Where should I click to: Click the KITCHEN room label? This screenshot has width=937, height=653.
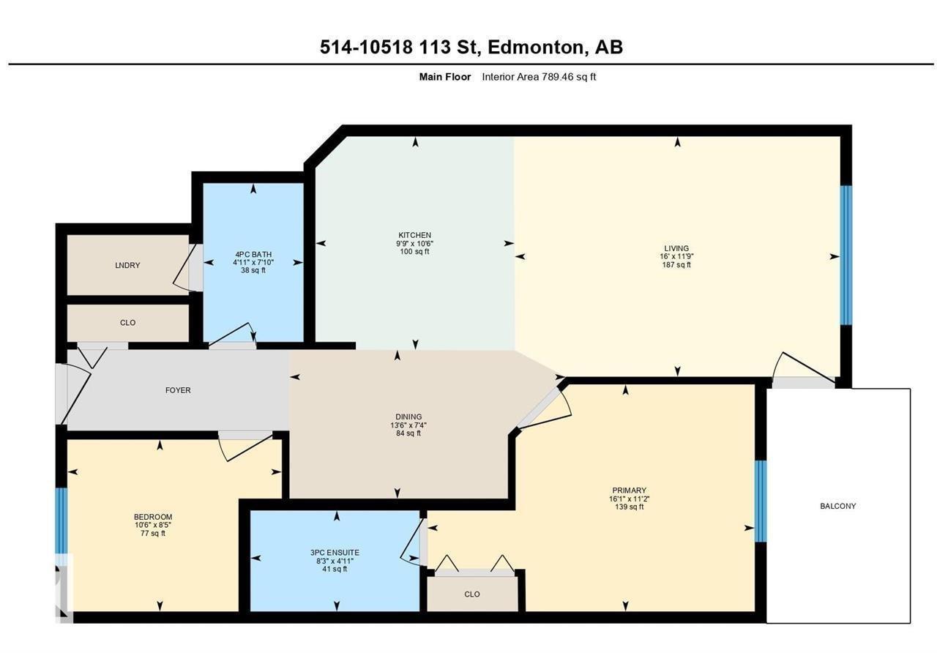click(x=414, y=235)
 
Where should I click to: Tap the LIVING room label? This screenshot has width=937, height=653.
click(x=676, y=248)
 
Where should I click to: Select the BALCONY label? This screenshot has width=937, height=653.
click(x=838, y=506)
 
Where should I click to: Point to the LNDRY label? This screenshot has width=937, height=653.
click(x=127, y=265)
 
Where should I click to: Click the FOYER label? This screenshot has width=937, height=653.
click(x=178, y=390)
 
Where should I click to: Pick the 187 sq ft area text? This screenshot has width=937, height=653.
click(x=676, y=265)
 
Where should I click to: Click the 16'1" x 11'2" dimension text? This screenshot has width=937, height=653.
click(x=629, y=499)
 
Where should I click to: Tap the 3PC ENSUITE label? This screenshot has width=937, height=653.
click(x=335, y=553)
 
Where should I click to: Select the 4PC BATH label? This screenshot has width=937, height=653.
click(x=253, y=254)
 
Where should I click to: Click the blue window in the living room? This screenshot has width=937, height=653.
click(x=846, y=255)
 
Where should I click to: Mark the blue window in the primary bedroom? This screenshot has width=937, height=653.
click(x=761, y=501)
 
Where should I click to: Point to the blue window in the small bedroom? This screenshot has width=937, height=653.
click(x=61, y=520)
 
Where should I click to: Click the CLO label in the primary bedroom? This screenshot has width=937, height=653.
click(x=472, y=594)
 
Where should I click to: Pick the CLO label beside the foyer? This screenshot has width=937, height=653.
click(x=127, y=323)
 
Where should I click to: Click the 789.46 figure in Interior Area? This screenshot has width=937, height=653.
click(x=559, y=77)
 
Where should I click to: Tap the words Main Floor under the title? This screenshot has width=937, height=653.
click(x=444, y=77)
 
